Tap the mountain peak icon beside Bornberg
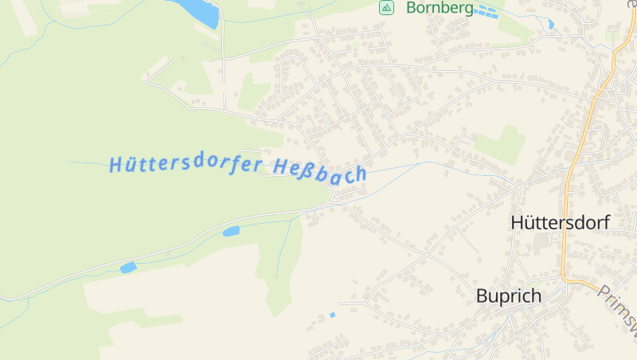click(386, 8)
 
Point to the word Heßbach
click(320, 170)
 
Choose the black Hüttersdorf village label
click(560, 223)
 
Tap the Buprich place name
click(508, 296)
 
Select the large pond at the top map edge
click(197, 11)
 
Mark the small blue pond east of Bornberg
click(551, 25)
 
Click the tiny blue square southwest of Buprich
click(333, 315)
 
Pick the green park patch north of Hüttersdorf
click(500, 144)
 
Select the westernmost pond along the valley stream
click(128, 268)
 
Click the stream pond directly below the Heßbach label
click(231, 232)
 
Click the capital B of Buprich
click(482, 296)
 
